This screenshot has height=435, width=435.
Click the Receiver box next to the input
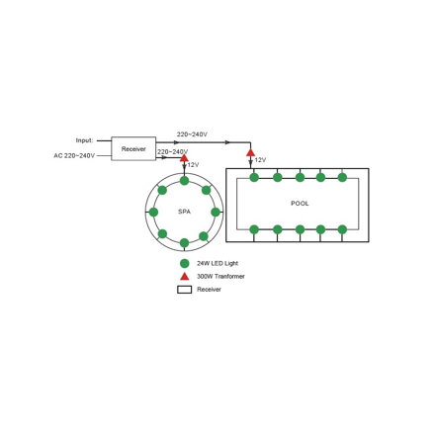(x=133, y=148)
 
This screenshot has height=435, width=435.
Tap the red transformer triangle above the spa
(x=184, y=158)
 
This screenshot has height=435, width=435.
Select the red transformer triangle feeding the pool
(x=250, y=152)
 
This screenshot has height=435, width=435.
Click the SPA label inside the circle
(x=184, y=212)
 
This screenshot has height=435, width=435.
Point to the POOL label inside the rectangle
(x=300, y=204)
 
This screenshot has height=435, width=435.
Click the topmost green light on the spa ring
(x=184, y=181)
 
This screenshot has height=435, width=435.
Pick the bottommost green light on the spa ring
(x=184, y=243)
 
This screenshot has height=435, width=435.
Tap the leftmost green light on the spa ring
(x=153, y=212)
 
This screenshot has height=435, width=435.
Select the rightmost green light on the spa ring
(x=216, y=212)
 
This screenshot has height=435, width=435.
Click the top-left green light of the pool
(x=254, y=177)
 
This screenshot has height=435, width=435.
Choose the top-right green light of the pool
(x=342, y=177)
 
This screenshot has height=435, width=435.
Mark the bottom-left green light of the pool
(x=254, y=229)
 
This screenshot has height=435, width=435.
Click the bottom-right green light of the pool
(x=342, y=229)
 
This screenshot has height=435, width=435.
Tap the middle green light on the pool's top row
(x=300, y=177)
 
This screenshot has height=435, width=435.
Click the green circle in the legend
(x=185, y=263)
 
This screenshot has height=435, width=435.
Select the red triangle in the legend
(x=185, y=277)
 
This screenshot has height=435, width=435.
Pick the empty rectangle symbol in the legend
(x=185, y=290)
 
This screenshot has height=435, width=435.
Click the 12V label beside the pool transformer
(x=260, y=160)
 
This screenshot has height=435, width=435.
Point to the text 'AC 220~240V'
(x=74, y=155)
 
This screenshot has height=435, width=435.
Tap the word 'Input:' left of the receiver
(x=85, y=140)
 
